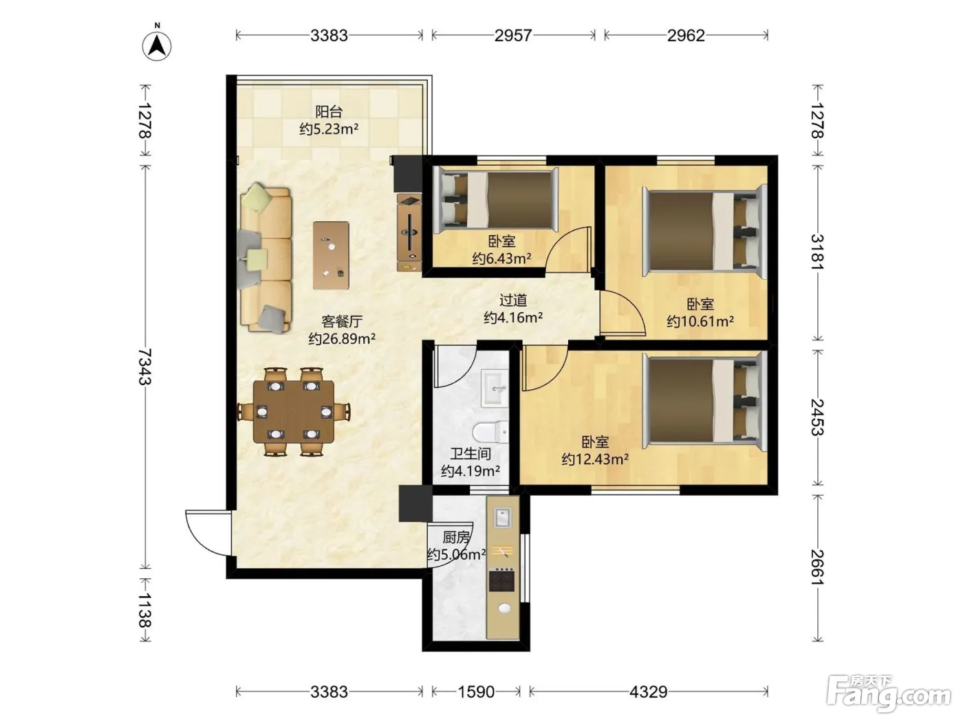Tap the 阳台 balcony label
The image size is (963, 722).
tap(329, 111)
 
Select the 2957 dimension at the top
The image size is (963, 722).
tap(513, 36)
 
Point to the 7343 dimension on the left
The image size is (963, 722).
tap(144, 367)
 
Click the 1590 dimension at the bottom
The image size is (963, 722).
tap(477, 692)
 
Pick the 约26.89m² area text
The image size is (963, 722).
tap(342, 339)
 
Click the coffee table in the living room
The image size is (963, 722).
tap(331, 255)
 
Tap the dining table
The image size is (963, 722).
tap(294, 412)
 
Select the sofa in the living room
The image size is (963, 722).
tap(265, 259)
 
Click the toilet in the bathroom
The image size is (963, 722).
tap(491, 432)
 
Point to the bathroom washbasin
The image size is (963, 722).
tap(495, 388)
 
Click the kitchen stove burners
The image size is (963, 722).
tap(501, 580)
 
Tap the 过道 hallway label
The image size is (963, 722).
tap(513, 300)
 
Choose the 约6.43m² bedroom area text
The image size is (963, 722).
tap(501, 259)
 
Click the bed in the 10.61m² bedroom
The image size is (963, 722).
tap(704, 230)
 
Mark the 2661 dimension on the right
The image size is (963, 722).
tap(817, 567)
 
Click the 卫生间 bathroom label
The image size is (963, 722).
tap(470, 454)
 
